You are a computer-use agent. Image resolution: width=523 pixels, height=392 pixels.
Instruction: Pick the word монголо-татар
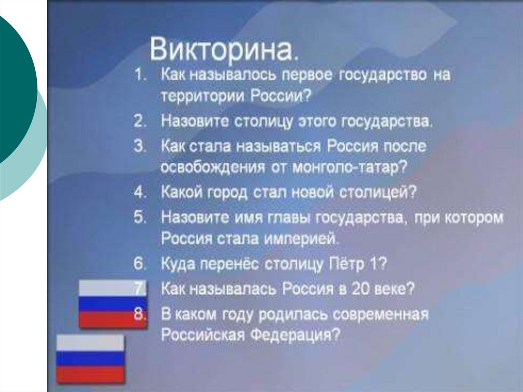point(349,167)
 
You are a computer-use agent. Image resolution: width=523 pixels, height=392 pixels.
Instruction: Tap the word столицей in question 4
point(378,192)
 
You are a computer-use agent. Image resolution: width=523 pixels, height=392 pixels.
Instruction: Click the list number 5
point(140,217)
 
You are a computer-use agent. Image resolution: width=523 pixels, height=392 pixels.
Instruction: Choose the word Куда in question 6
point(178,264)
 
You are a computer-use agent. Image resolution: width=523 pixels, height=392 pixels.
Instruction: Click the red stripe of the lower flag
point(90,374)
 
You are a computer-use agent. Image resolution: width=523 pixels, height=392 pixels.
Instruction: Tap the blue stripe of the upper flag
point(112,304)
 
